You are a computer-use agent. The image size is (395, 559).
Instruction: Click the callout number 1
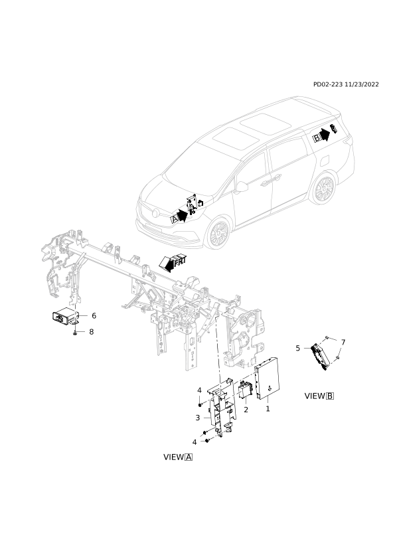(268, 409)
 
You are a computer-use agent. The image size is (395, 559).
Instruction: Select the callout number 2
(246, 410)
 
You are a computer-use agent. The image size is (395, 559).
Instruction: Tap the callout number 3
(198, 418)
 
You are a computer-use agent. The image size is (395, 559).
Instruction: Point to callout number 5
(298, 348)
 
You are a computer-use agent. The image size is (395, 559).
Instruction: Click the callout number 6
(94, 315)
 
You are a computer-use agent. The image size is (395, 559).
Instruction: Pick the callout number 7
(343, 343)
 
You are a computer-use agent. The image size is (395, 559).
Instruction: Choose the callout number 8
(91, 332)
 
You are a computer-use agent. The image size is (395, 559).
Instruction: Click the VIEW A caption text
(178, 457)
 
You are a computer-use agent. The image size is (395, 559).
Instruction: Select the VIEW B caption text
(319, 396)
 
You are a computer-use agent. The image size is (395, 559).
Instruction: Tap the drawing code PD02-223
(328, 84)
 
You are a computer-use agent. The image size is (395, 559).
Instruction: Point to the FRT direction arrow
(173, 263)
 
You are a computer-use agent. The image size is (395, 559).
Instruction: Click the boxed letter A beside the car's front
(175, 219)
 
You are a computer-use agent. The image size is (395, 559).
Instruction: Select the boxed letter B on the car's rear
(316, 138)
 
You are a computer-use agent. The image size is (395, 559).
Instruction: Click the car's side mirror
(242, 187)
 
